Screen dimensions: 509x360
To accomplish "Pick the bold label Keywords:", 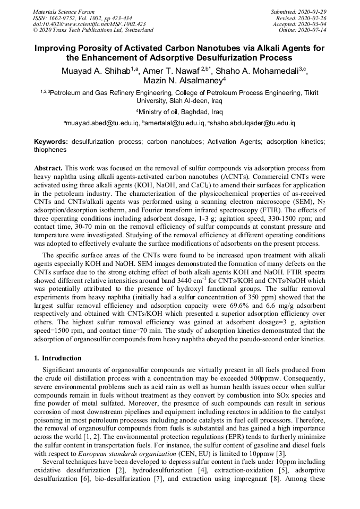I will [x=51, y=142].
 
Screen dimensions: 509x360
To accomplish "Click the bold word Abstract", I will [x=48, y=167].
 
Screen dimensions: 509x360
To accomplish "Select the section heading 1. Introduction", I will [x=57, y=358].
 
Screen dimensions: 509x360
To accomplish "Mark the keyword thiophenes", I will [x=50, y=150].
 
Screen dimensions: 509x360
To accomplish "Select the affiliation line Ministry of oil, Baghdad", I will [x=181, y=112].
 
